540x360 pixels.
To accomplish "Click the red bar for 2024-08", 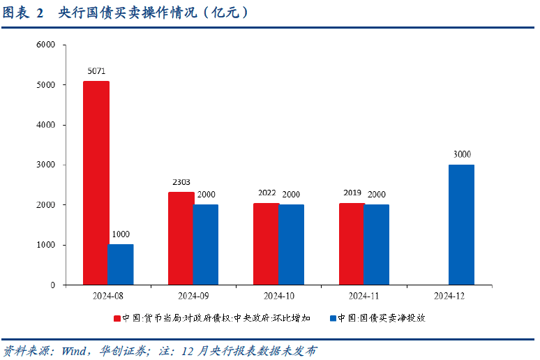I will tap(96, 183).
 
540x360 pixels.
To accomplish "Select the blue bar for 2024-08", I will tap(121, 264).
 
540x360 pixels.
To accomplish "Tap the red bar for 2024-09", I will tap(181, 238).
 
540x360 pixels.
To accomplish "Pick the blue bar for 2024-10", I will tap(292, 244).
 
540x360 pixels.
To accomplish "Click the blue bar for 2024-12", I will tap(461, 225).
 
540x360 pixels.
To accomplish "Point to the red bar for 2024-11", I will tap(352, 244).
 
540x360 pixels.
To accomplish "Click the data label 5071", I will tap(97, 71).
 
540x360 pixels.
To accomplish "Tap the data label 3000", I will tap(462, 154).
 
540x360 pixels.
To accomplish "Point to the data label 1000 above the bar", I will tap(120, 234).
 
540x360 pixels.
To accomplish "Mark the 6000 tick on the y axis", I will tap(45, 45).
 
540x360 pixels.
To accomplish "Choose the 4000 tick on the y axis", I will tap(45, 125).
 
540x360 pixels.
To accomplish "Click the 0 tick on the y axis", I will tap(52, 285).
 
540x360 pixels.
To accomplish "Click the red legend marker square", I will tap(117, 318).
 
